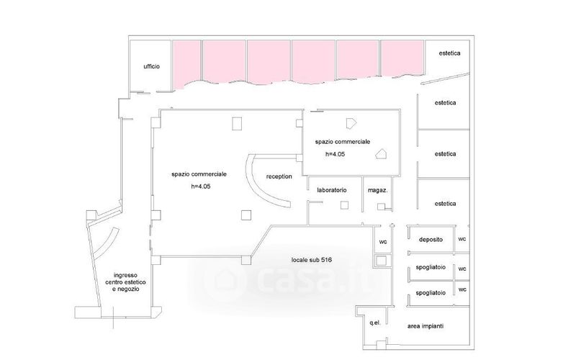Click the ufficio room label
151,66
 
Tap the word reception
279,176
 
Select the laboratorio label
332,190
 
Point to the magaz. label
378,190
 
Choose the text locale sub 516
311,259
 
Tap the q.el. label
374,323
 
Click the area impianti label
426,326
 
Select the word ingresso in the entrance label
126,274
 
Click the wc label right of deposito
462,239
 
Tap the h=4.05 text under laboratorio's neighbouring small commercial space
337,154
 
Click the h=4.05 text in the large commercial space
200,186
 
